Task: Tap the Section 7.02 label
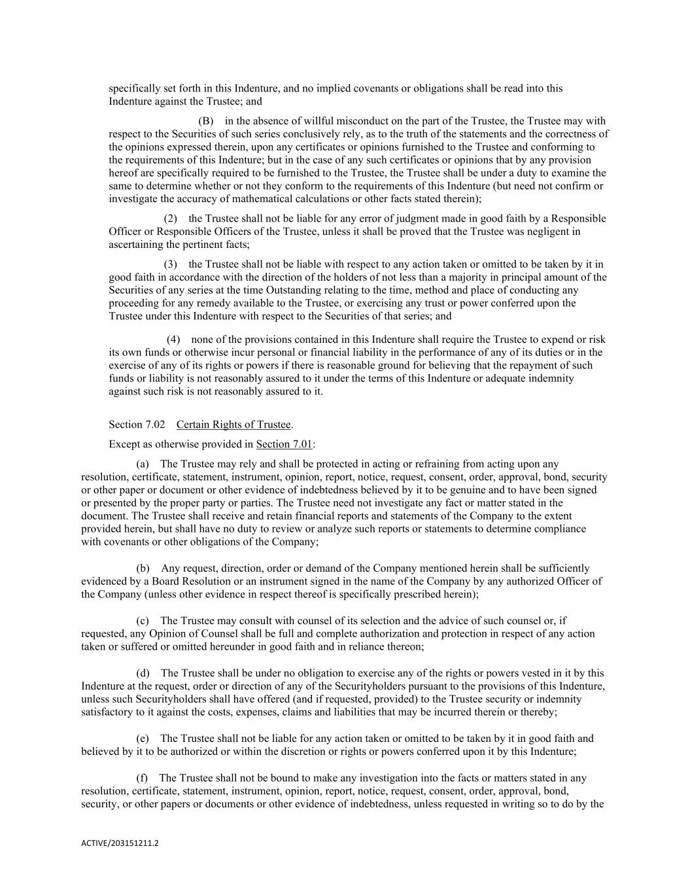coord(137,425)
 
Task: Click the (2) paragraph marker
coord(170,219)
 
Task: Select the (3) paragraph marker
coord(170,264)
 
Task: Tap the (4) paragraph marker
coord(173,340)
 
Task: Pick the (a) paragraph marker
coord(143,464)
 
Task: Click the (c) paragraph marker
coord(143,621)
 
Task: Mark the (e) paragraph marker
coord(143,739)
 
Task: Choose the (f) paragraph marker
coord(142,778)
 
